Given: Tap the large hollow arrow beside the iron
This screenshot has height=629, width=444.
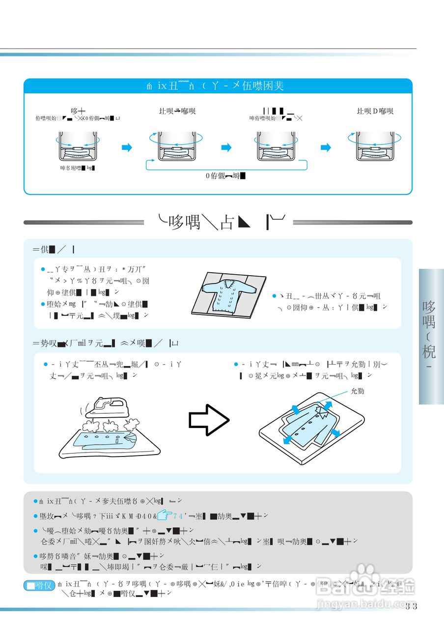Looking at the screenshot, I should pyautogui.click(x=209, y=419).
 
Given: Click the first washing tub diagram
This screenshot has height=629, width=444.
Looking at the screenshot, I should pyautogui.click(x=76, y=146).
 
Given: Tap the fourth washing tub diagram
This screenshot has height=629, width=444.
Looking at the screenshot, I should pyautogui.click(x=375, y=146).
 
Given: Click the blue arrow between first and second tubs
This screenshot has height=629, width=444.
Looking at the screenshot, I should pyautogui.click(x=127, y=147).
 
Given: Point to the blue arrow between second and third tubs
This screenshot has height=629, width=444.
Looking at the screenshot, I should pyautogui.click(x=226, y=147).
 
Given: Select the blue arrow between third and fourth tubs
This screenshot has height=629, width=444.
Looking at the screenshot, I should pyautogui.click(x=326, y=147).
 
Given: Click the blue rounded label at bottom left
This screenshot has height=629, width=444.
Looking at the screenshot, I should pyautogui.click(x=39, y=585).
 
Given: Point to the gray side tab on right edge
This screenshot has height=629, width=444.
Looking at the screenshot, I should pyautogui.click(x=431, y=336).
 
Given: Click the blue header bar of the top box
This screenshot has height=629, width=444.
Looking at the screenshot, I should pyautogui.click(x=218, y=86).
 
